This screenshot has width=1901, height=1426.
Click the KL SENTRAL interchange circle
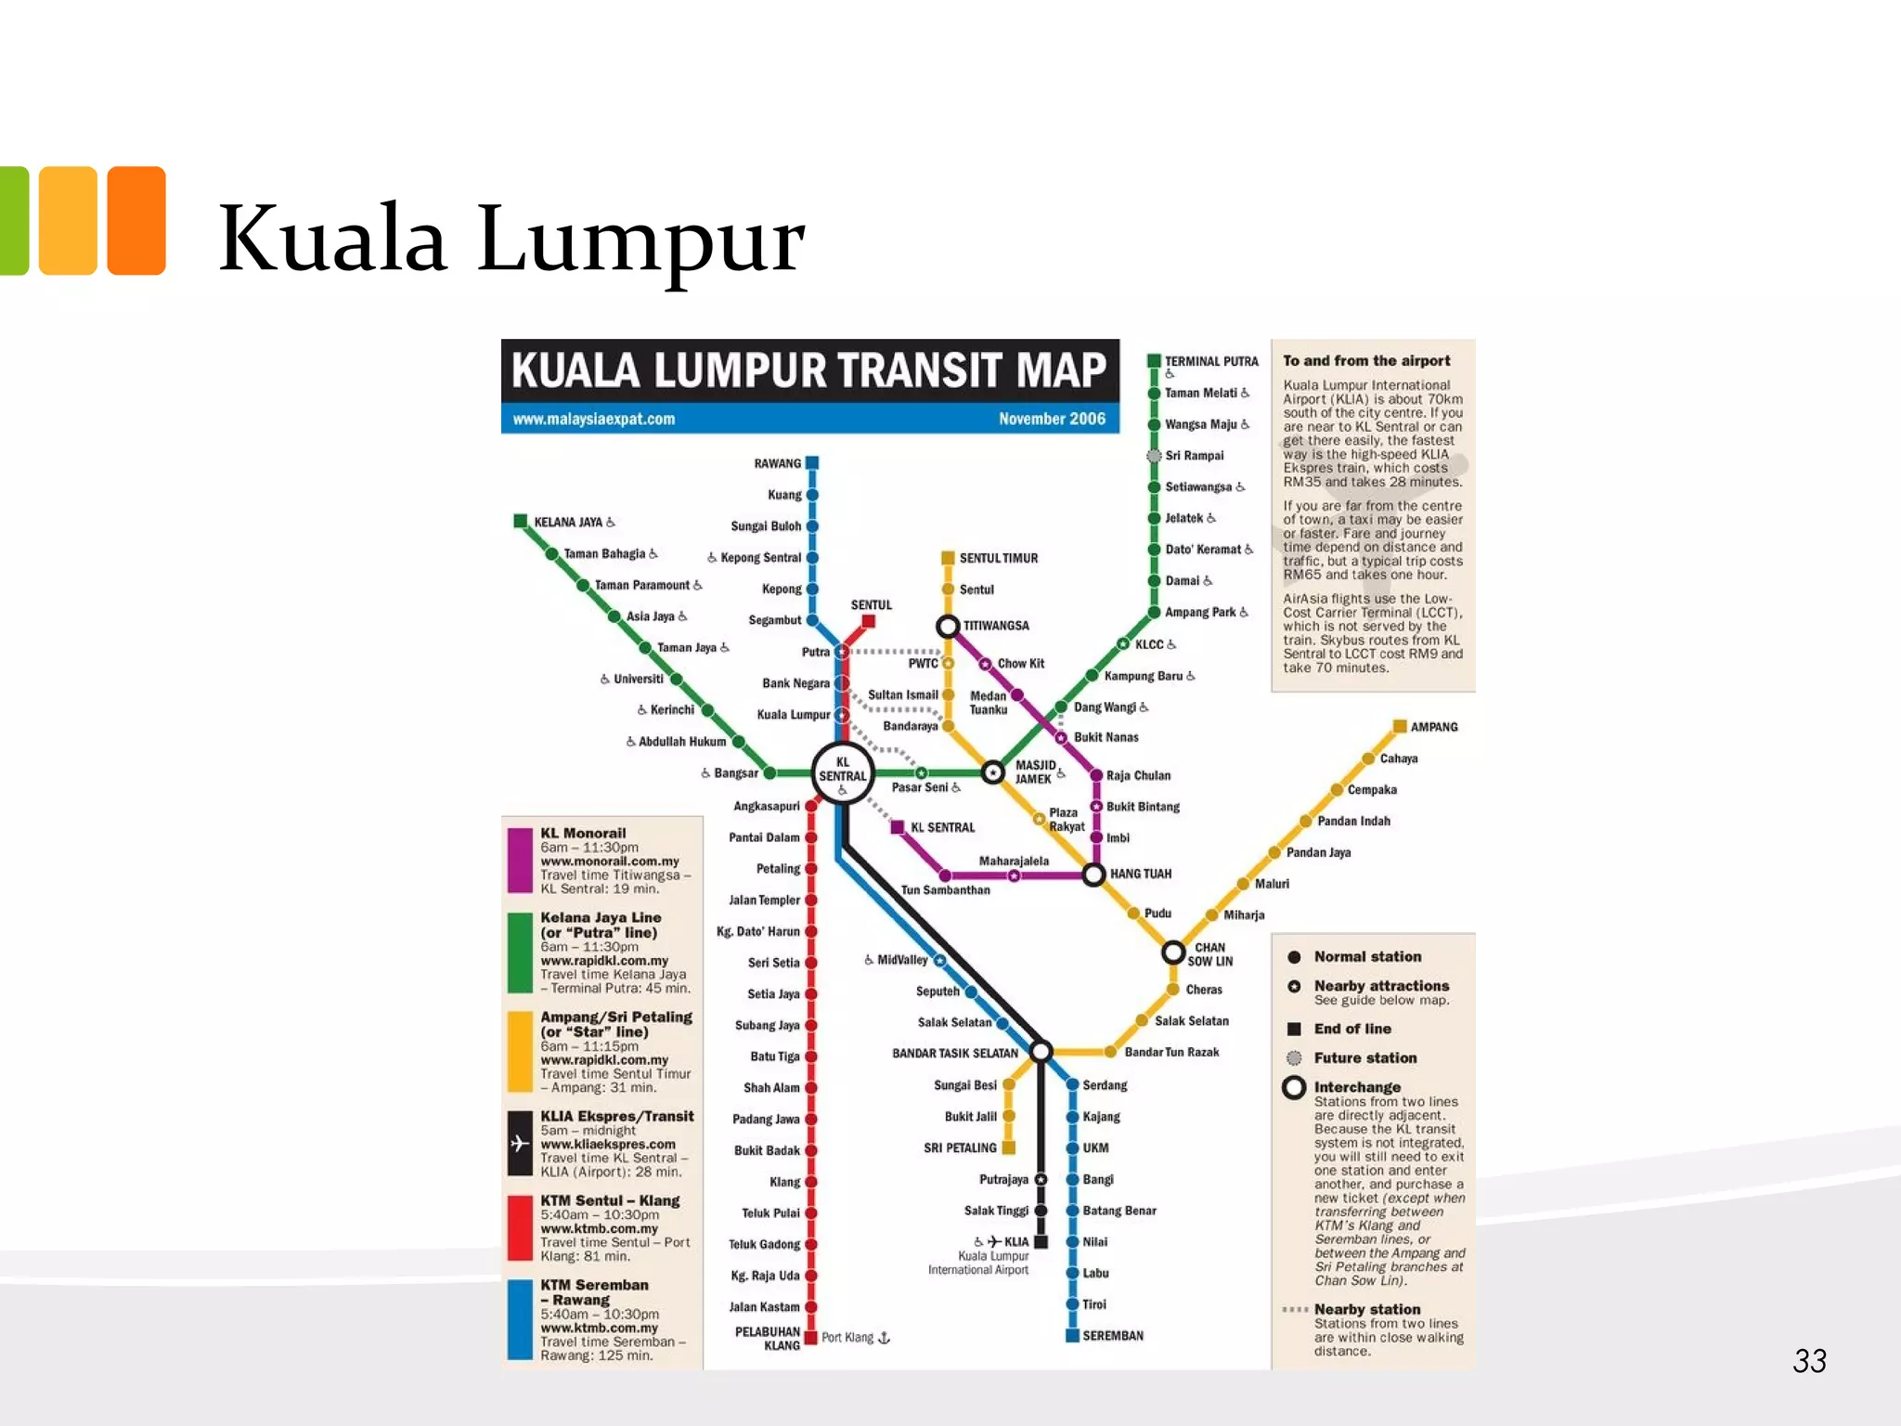click(x=842, y=771)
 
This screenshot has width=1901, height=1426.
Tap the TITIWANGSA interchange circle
click(x=948, y=626)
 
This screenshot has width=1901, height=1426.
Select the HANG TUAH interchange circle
click(x=1094, y=874)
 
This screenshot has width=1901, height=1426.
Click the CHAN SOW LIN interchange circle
click(x=1173, y=953)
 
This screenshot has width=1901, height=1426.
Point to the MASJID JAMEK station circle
click(x=993, y=771)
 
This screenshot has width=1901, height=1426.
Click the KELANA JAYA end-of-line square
click(x=521, y=521)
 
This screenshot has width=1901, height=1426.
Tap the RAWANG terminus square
click(x=812, y=462)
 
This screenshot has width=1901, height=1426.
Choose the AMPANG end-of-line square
click(x=1400, y=726)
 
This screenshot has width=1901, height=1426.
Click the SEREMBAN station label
click(x=1113, y=1336)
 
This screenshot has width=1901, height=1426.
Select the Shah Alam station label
click(x=771, y=1088)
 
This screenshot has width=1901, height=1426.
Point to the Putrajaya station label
click(x=1003, y=1180)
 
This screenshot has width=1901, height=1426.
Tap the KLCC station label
click(x=1149, y=644)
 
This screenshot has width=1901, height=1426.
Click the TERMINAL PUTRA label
click(x=1211, y=361)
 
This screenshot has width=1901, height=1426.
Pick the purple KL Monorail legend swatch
click(x=520, y=860)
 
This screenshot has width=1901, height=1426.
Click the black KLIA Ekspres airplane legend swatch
click(x=520, y=1144)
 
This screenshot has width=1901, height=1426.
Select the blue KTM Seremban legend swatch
click(x=520, y=1319)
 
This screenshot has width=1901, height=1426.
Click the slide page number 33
click(x=1809, y=1361)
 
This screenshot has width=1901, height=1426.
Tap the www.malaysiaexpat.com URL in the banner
click(x=594, y=419)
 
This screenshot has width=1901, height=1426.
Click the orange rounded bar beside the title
click(x=136, y=221)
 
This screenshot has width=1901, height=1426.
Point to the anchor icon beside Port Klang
click(x=884, y=1338)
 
